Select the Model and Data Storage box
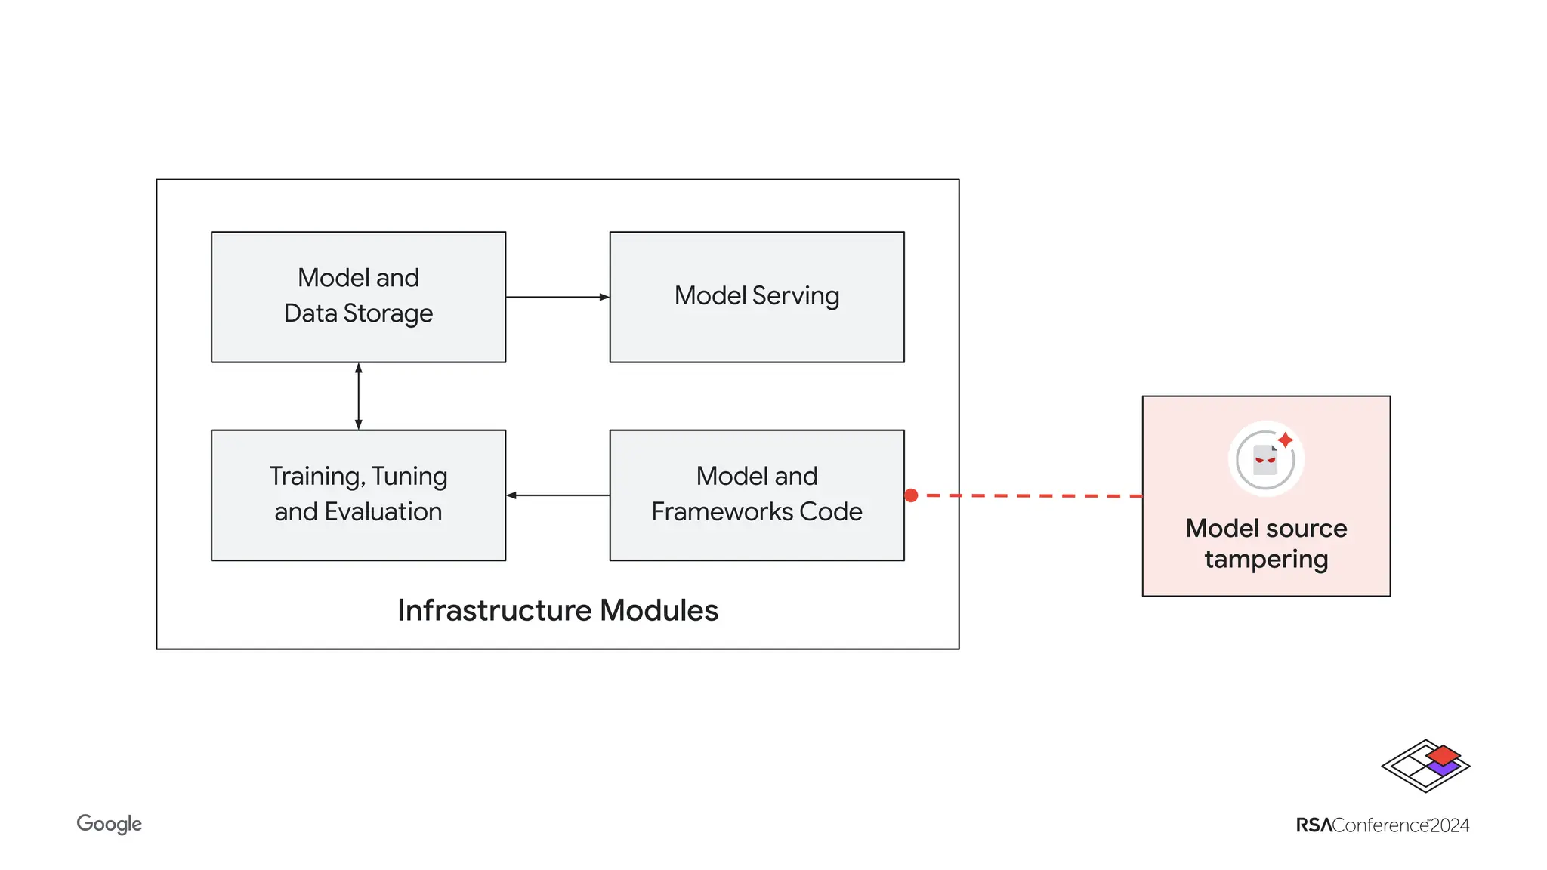358,296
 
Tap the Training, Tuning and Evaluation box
358,495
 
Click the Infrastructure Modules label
557,610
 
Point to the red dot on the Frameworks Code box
911,495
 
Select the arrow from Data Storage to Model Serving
557,297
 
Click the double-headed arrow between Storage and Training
358,396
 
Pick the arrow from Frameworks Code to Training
557,495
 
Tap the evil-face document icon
1265,459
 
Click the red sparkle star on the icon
1285,440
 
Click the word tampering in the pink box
1266,560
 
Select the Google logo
109,824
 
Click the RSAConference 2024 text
1382,825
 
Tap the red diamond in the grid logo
1443,754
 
